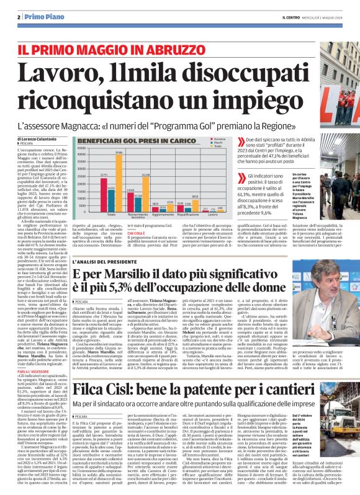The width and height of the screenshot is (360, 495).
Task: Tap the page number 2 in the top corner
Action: coord(19,16)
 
